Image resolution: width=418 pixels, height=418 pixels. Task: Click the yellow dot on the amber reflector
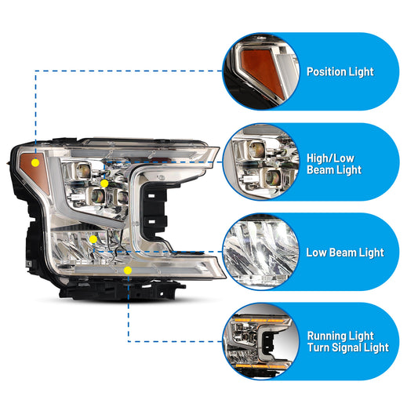pyautogui.click(x=35, y=162)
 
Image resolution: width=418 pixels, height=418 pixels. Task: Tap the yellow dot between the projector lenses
pyautogui.click(x=104, y=184)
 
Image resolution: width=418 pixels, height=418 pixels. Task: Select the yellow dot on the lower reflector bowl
pyautogui.click(x=93, y=239)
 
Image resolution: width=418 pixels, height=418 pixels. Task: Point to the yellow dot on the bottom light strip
pyautogui.click(x=128, y=271)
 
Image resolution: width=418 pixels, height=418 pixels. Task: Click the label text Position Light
pyautogui.click(x=340, y=72)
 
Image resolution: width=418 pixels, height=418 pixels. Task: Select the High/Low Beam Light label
pyautogui.click(x=334, y=164)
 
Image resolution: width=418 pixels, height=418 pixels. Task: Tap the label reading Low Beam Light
pyautogui.click(x=345, y=253)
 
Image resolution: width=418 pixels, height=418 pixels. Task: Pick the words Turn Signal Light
pyautogui.click(x=348, y=347)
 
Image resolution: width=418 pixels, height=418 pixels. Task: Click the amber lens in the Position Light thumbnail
pyautogui.click(x=260, y=68)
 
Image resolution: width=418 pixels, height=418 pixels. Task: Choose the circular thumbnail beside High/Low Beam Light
pyautogui.click(x=261, y=162)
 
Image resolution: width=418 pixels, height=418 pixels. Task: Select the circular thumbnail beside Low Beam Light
pyautogui.click(x=261, y=252)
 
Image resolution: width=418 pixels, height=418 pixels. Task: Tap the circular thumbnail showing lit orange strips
pyautogui.click(x=261, y=341)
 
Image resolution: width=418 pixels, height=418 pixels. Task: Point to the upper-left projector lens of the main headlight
pyautogui.click(x=83, y=171)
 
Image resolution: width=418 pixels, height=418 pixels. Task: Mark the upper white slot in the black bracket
pyautogui.click(x=151, y=196)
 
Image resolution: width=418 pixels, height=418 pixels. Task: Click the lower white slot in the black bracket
pyautogui.click(x=151, y=221)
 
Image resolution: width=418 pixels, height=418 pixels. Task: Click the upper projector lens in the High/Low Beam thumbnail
pyautogui.click(x=256, y=149)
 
